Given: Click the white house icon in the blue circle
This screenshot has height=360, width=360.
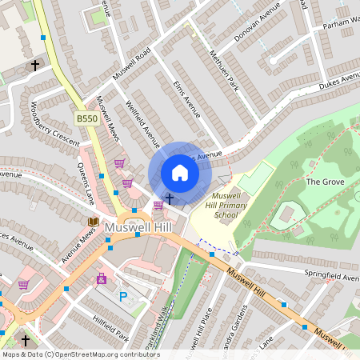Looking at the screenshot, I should coord(180,173).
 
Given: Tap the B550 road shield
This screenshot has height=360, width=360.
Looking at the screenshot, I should coord(86,118).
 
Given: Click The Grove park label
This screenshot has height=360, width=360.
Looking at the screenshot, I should coord(324,182).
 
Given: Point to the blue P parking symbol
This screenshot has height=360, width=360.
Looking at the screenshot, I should coord(123,296).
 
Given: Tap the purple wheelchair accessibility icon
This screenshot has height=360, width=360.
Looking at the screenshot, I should coord(102,279).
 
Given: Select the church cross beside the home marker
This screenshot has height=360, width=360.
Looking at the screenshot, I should coord(169,198).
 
